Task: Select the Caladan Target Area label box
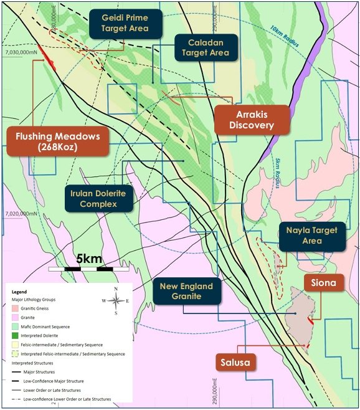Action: (x=206, y=47)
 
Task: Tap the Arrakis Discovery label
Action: (x=252, y=118)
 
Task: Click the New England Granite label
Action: (x=186, y=292)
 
